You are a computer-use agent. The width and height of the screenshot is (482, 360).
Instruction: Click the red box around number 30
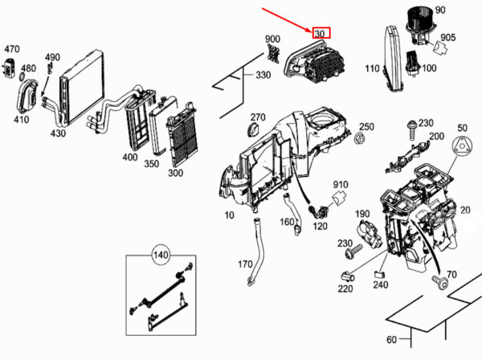point(321,33)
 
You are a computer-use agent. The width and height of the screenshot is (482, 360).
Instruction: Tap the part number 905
point(448,38)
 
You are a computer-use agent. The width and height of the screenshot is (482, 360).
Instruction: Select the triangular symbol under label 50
point(462,145)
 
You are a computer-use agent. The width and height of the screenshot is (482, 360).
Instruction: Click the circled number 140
point(161,255)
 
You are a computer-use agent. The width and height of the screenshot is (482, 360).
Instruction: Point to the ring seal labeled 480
point(23,76)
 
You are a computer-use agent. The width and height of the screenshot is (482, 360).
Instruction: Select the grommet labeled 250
point(359,139)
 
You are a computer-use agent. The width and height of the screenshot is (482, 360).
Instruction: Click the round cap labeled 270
point(254,129)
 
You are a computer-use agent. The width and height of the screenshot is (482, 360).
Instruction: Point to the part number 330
point(263,75)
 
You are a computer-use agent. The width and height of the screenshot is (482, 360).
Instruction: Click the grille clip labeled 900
point(273,54)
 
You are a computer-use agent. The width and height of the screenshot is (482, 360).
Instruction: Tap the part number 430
point(58,133)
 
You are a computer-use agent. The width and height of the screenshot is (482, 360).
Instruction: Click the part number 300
point(175,173)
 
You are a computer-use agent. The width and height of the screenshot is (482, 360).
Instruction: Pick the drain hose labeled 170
point(258,252)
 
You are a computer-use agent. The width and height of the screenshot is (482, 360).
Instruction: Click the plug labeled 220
point(349,276)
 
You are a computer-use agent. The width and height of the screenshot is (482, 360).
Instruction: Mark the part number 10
point(229,215)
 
